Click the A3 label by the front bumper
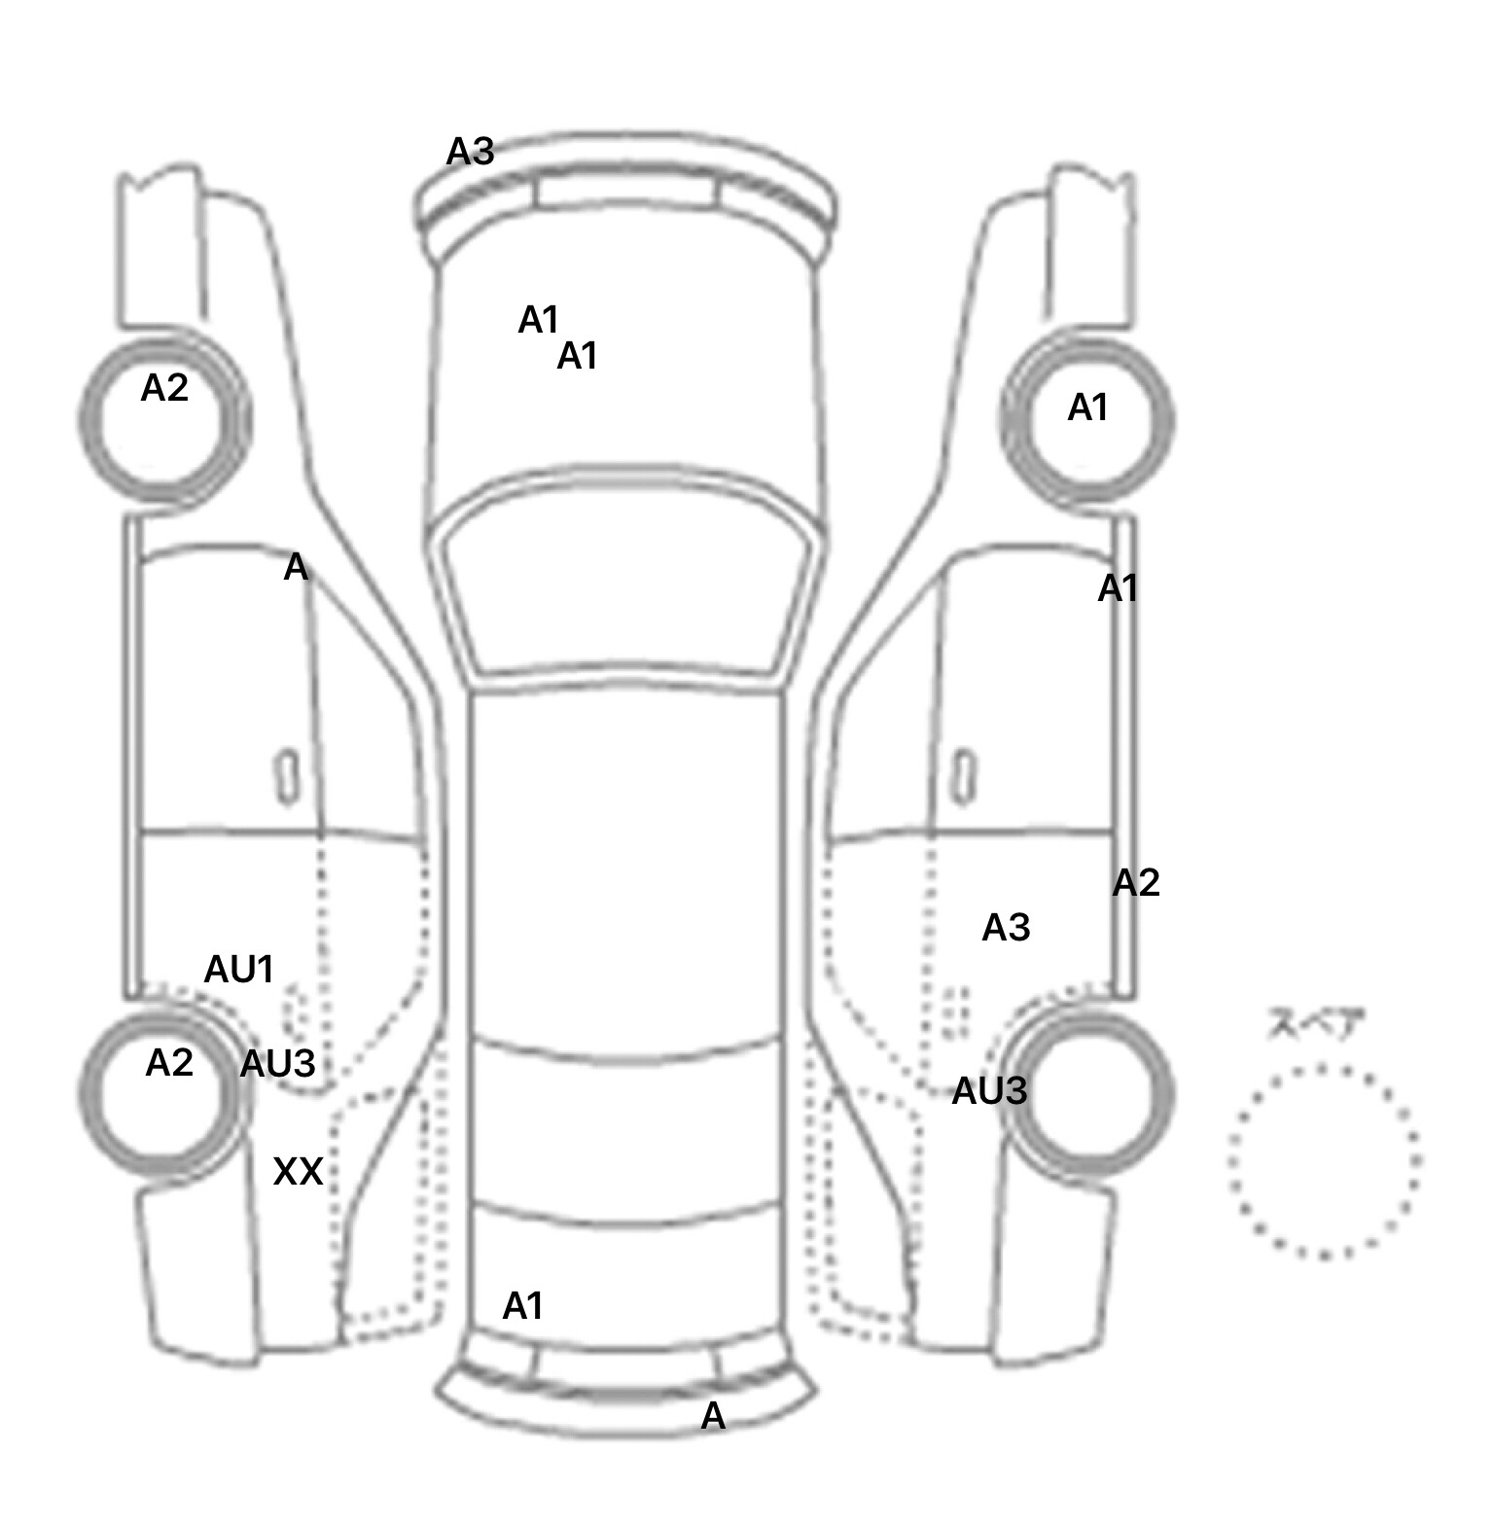tap(470, 152)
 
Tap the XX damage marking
tap(298, 1172)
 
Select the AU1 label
tap(238, 970)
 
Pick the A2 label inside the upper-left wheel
tap(164, 389)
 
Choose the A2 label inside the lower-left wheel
tap(168, 1063)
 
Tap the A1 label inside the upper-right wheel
tap(1087, 408)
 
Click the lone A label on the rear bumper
tap(713, 1417)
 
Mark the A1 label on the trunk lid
tap(522, 1306)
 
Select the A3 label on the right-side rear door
tap(1006, 928)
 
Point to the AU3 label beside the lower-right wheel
tap(988, 1091)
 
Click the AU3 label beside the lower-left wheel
tap(277, 1064)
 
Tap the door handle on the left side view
tap(288, 777)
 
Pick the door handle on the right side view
tap(964, 777)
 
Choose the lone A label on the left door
tap(296, 568)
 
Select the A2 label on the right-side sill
tap(1135, 883)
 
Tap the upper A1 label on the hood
tap(539, 320)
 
